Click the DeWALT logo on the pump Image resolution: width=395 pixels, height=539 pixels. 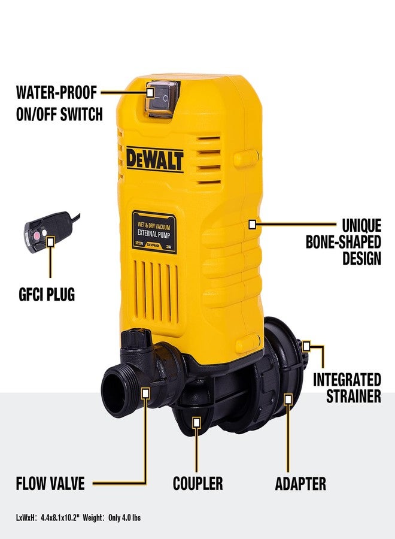coord(154,159)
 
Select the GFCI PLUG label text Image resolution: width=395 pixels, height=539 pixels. coord(46,295)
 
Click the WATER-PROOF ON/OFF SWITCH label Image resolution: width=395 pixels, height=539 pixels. coord(59,103)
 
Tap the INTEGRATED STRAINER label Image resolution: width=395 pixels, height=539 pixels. coord(347,387)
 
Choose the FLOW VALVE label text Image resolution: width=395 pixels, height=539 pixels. coord(50,483)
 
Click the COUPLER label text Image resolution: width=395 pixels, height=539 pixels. coord(197,483)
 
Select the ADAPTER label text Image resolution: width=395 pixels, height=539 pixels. coord(300,483)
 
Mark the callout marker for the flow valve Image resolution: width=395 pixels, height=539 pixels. coord(145,392)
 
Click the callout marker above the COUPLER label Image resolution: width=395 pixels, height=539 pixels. coord(196,422)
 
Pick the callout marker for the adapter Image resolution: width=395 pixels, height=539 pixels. coord(288,396)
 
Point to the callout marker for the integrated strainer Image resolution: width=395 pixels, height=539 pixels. coord(306,346)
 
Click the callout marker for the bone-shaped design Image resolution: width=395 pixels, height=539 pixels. coord(252,224)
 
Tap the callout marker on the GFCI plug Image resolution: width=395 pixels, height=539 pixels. coord(50,241)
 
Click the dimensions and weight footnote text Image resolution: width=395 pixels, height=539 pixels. coord(78,517)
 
